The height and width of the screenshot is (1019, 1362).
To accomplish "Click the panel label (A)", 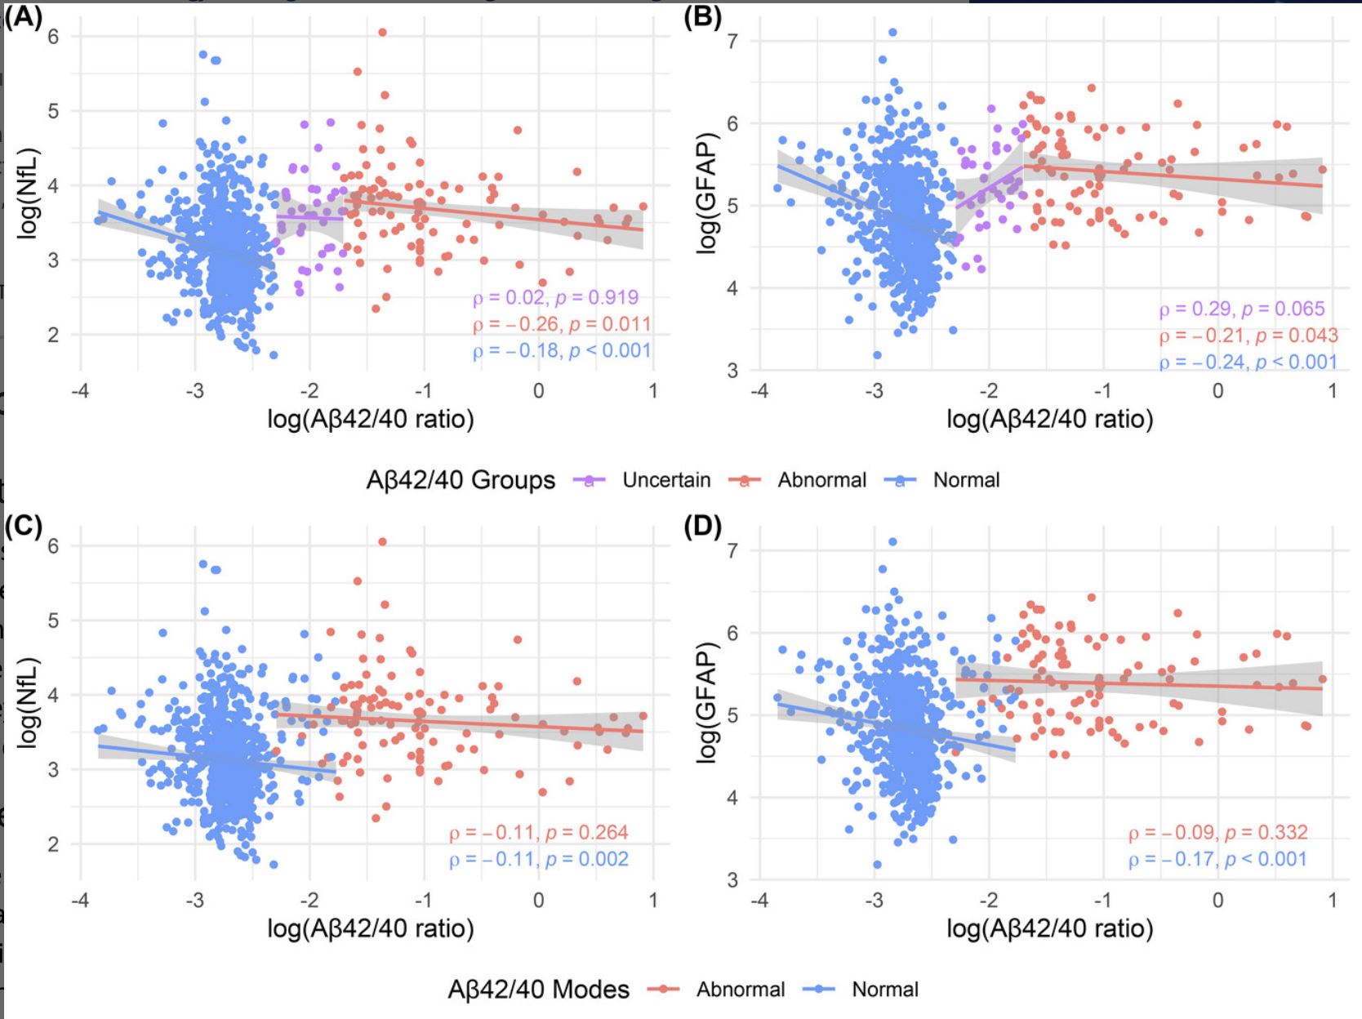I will coord(23,16).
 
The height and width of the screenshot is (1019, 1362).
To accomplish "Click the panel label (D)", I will coord(702,527).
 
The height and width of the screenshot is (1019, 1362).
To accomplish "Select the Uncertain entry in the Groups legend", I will coord(665,480).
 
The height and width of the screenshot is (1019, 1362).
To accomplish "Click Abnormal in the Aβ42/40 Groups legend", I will coord(821,480).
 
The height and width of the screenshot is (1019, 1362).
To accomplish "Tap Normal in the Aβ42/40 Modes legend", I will coord(884,990).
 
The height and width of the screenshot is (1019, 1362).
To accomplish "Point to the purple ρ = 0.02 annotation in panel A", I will coord(555,298).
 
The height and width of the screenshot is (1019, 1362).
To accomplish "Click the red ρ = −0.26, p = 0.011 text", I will coord(562,325).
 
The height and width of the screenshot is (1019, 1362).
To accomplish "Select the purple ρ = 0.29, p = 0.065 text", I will coord(1241,309).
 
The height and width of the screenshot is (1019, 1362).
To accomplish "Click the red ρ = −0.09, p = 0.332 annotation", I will coord(1217,833).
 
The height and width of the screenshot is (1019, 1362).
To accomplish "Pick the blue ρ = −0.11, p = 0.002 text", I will coord(539,860).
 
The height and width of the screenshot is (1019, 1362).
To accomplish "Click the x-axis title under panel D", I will coord(1049,928).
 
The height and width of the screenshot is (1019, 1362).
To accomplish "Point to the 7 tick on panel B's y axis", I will coord(732,41).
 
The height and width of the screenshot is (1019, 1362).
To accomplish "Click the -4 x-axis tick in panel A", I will coord(80,391).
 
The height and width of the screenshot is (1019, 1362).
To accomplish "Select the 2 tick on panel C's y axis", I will coord(53,844).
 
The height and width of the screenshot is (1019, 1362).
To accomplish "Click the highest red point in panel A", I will coord(382,33).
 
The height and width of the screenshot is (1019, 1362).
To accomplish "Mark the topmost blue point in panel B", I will coord(892,33).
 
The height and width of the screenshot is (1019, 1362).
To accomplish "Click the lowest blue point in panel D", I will coord(877,864).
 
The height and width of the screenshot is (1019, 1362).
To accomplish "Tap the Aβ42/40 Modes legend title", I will coord(538,990).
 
